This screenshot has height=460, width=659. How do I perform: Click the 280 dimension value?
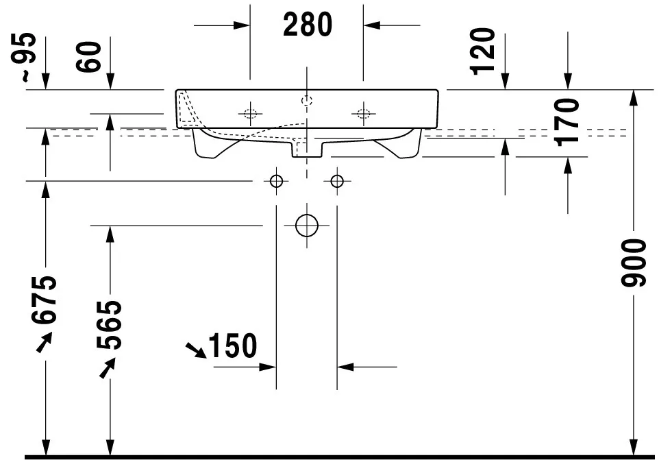[307, 25]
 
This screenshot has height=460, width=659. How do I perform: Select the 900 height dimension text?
[634, 263]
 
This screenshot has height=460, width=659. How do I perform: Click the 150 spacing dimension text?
[232, 346]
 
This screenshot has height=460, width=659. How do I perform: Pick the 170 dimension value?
[568, 120]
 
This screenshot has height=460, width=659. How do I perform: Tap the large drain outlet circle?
[306, 226]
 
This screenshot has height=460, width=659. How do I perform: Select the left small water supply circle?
[276, 181]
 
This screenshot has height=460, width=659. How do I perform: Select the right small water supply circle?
[336, 181]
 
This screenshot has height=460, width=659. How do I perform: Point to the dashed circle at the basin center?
[306, 101]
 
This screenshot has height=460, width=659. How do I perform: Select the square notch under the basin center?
[306, 147]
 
